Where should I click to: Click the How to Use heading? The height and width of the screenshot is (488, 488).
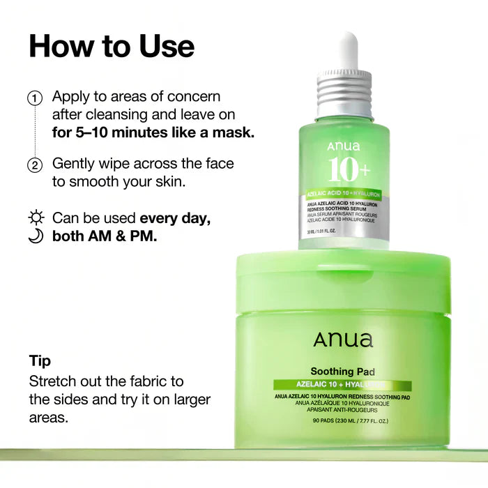click(112, 45)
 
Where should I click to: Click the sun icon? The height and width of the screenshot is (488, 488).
click(36, 218)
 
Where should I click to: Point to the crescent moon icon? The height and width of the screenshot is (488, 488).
click(36, 236)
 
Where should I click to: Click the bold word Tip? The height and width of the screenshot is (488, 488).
click(40, 360)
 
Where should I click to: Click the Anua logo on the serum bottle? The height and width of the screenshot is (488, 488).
click(343, 147)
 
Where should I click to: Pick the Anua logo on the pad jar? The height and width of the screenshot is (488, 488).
click(343, 340)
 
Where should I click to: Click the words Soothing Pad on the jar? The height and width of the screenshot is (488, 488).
click(342, 372)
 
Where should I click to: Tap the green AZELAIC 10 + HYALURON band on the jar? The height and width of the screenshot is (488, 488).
click(342, 386)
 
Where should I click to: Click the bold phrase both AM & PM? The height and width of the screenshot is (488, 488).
click(105, 236)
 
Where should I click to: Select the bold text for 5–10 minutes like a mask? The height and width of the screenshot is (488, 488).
click(153, 132)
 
